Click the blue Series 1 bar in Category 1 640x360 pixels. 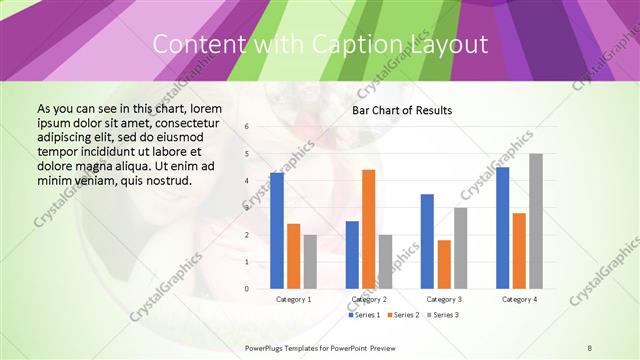(277, 231)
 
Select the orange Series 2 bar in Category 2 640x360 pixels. (368, 229)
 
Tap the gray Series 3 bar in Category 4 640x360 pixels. (536, 221)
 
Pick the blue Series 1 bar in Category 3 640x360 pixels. (427, 241)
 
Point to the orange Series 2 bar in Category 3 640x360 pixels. (444, 264)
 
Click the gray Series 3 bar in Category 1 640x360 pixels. (310, 262)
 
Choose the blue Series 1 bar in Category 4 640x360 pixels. (502, 228)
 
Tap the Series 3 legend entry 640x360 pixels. (442, 315)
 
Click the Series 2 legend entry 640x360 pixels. (404, 315)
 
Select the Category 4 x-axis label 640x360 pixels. (519, 299)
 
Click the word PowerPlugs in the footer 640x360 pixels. (264, 347)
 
